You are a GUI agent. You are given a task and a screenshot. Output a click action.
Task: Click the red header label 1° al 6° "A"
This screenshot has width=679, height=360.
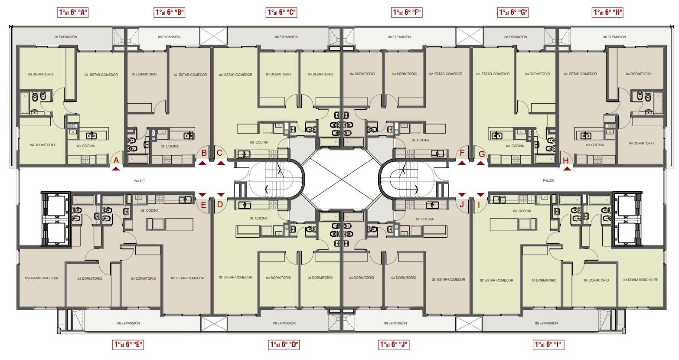point(73,13)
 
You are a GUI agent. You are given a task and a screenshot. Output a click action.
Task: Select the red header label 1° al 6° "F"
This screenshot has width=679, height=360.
point(407,13)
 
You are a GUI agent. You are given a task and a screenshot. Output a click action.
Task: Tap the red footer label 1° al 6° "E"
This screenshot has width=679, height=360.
point(128,344)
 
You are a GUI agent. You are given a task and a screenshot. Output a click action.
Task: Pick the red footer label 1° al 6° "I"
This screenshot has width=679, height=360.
point(548,344)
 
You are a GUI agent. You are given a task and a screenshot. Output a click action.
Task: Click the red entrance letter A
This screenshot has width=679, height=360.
point(116,160)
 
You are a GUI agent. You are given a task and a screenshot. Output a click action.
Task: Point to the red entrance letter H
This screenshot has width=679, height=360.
point(566,160)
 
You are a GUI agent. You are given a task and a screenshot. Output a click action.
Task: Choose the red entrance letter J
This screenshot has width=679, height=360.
point(462,204)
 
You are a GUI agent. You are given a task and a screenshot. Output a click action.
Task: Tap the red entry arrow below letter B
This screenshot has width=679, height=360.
point(202,163)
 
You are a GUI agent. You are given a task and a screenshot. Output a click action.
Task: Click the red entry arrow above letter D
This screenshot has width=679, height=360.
point(221,194)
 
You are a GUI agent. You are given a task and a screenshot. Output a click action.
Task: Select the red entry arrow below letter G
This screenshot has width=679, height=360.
point(480,163)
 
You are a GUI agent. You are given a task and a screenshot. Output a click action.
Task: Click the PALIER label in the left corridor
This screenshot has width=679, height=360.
point(139,181)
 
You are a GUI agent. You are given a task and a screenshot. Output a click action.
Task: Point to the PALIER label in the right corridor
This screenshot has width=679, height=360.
point(548,180)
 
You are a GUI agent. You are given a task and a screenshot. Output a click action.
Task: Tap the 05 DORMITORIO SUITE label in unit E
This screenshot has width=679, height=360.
point(42,278)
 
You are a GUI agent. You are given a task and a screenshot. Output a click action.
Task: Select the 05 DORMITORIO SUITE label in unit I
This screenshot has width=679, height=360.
point(640,280)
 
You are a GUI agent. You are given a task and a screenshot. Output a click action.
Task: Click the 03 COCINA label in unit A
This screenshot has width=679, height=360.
point(86,146)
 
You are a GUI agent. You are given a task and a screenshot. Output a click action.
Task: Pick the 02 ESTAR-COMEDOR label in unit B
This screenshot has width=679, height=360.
point(190,75)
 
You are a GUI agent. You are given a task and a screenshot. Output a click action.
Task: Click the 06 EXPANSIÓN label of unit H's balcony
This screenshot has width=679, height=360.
point(614,37)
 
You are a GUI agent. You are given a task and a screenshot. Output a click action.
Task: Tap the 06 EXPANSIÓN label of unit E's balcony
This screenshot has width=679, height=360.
point(128,323)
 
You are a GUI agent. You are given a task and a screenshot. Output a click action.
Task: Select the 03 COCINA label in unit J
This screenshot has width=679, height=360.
point(424,219)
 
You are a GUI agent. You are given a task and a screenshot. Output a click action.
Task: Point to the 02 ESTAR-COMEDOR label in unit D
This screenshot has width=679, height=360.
point(235,277)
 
